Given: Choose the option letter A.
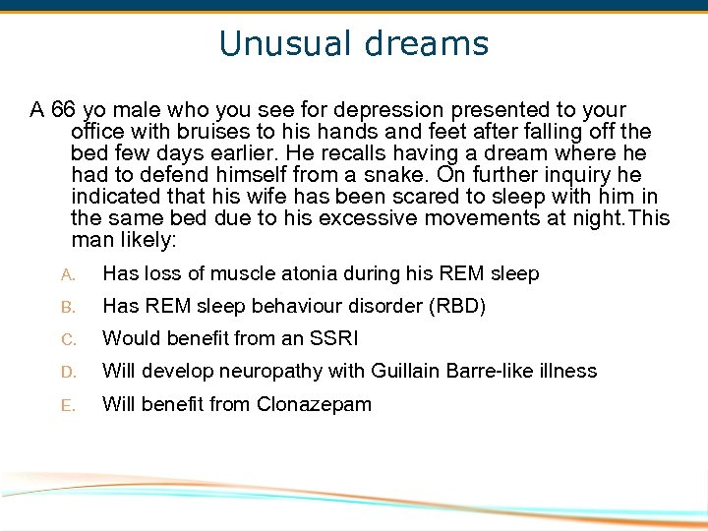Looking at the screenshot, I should pos(68,274).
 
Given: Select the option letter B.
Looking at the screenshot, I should pos(68,307).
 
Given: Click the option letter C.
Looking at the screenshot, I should pos(68,339).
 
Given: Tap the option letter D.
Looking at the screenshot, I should pos(68,372).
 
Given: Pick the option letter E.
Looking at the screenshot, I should pos(68,404).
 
